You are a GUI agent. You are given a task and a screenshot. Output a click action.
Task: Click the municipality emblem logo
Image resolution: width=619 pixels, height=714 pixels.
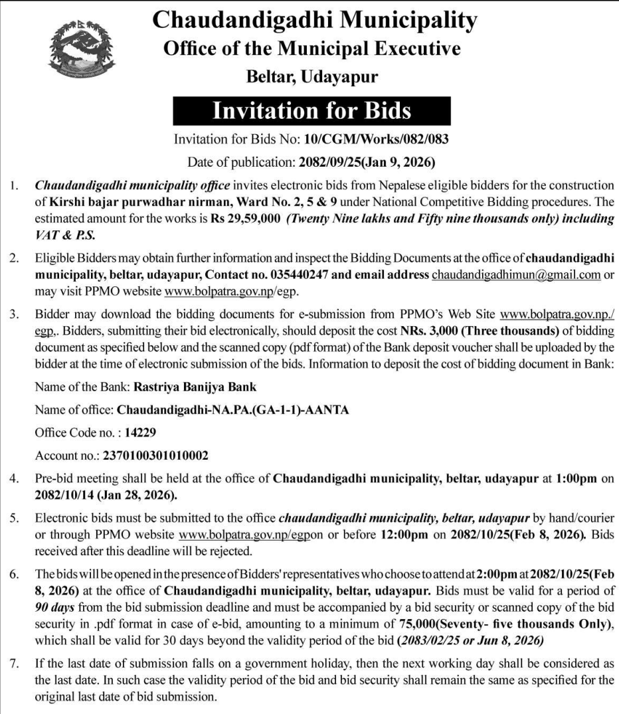click(x=78, y=50)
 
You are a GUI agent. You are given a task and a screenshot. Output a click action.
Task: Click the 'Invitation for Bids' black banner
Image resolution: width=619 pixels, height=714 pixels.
click(x=311, y=110)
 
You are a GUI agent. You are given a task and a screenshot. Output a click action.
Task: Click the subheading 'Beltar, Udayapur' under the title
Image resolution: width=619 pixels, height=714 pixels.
click(x=312, y=76)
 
